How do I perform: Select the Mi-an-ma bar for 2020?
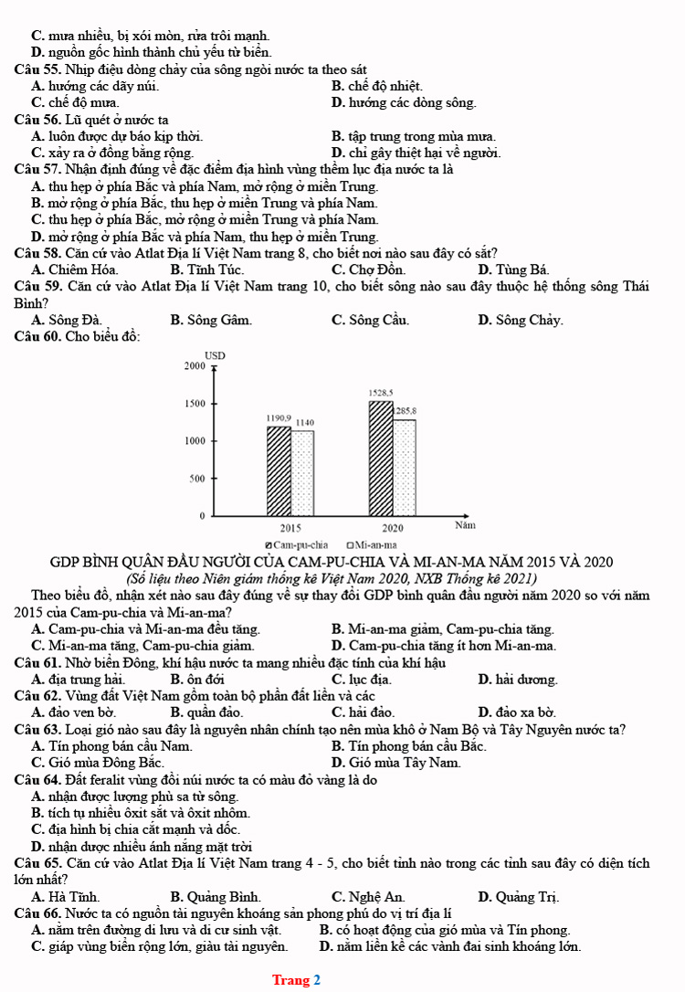click(x=405, y=467)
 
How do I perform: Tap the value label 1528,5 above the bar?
click(x=381, y=393)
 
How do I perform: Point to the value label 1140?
click(x=305, y=423)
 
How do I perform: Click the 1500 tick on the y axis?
click(x=194, y=403)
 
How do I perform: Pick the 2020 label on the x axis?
click(x=393, y=528)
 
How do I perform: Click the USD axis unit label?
click(x=215, y=354)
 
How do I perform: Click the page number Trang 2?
click(x=296, y=980)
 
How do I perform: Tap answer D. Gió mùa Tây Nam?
click(x=396, y=762)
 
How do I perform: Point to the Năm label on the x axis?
click(x=465, y=526)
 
